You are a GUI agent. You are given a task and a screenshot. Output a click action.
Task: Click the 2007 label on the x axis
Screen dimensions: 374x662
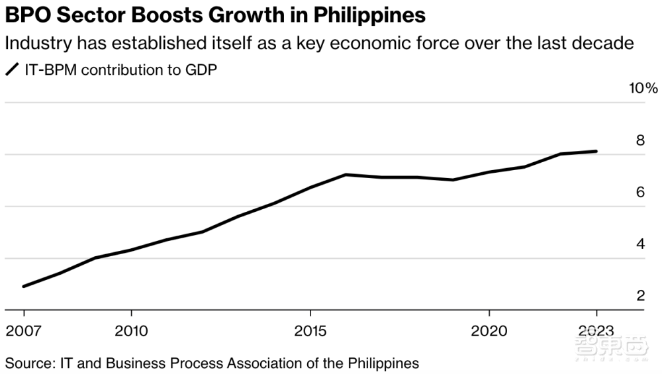[24, 330]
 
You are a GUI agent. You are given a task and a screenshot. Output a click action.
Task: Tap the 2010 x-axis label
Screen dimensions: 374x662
[131, 330]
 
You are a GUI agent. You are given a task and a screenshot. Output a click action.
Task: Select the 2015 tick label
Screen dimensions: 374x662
[310, 330]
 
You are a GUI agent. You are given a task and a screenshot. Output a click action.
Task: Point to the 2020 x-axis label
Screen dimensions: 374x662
[489, 330]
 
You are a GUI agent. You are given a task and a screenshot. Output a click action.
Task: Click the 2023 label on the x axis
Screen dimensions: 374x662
[596, 330]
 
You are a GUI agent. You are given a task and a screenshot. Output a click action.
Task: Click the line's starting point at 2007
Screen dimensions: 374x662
[24, 287]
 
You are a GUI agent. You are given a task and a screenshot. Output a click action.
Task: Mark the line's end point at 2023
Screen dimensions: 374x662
[596, 152]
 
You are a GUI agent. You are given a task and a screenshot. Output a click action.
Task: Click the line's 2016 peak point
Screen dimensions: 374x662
[346, 175]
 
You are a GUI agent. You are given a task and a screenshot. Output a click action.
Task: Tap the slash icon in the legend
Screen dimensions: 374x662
[12, 70]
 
